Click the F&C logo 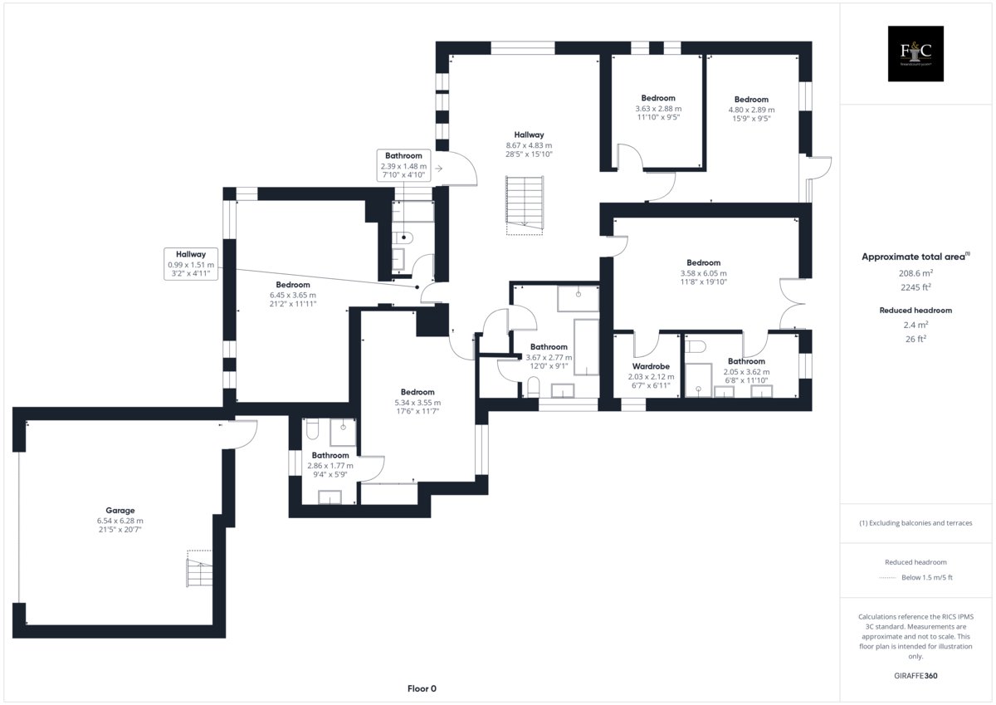point(915,53)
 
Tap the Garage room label point(120,510)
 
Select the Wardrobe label point(651,366)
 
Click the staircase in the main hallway point(525,205)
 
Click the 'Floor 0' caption point(422,688)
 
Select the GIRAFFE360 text point(915,676)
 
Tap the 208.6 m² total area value point(915,273)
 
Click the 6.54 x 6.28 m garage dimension point(120,521)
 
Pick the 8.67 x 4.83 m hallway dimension point(529,145)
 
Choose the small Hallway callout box point(191,264)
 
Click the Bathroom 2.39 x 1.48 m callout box point(403,165)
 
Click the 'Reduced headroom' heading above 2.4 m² point(915,311)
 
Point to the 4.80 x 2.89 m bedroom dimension point(751,110)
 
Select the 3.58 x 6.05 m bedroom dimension point(704,273)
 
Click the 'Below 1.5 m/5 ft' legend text point(926,577)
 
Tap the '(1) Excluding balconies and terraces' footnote point(915,523)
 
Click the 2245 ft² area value point(915,287)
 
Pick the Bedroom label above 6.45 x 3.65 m point(292,285)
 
